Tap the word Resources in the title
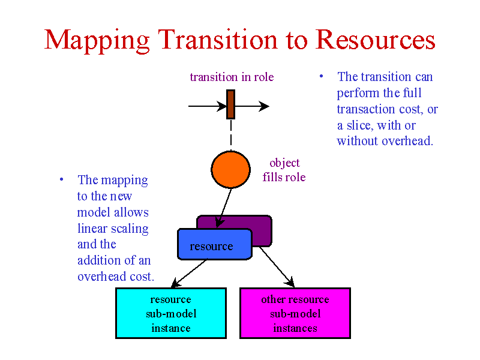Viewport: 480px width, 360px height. pyautogui.click(x=376, y=40)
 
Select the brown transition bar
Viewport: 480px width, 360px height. pyautogui.click(x=231, y=104)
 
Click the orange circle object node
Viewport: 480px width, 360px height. pyautogui.click(x=231, y=169)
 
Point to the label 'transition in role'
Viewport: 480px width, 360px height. pyautogui.click(x=232, y=77)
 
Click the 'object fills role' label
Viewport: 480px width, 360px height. pyautogui.click(x=284, y=170)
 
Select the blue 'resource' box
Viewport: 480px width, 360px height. pyautogui.click(x=215, y=244)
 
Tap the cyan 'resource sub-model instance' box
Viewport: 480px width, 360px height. pyautogui.click(x=171, y=313)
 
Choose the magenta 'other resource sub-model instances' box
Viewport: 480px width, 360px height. pyautogui.click(x=295, y=313)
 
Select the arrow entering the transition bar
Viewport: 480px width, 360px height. pyautogui.click(x=207, y=106)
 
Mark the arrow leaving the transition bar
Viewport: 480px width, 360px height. pyautogui.click(x=252, y=106)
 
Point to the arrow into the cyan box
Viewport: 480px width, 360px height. pyautogui.click(x=189, y=274)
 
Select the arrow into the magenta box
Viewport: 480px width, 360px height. pyautogui.click(x=277, y=267)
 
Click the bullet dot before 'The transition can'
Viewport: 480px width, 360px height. pyautogui.click(x=321, y=76)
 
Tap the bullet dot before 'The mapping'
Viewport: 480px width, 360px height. pyautogui.click(x=62, y=179)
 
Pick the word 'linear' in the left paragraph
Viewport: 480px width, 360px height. pyautogui.click(x=92, y=229)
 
